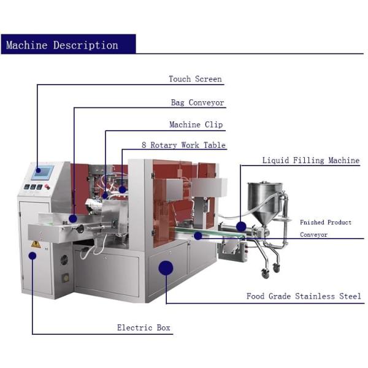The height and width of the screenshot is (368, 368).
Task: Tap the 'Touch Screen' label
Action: (x=195, y=79)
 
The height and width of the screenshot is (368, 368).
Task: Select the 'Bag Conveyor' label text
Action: (x=197, y=103)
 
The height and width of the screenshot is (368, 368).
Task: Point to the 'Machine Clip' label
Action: (x=196, y=125)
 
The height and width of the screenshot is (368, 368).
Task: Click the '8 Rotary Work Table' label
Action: (x=183, y=145)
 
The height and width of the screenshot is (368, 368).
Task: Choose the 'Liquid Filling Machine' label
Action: (x=310, y=161)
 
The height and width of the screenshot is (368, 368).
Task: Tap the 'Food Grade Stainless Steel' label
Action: (x=304, y=297)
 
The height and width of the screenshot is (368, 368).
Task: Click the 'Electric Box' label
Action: (x=144, y=328)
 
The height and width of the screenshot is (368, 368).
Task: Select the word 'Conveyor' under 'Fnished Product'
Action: (x=313, y=235)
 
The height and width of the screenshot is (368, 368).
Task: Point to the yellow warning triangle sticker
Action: (x=36, y=244)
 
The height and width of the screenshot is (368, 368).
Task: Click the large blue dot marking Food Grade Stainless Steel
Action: (x=166, y=268)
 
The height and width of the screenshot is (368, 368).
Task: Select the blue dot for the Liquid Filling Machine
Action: (x=241, y=226)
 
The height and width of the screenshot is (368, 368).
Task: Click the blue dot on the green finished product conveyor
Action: (x=197, y=236)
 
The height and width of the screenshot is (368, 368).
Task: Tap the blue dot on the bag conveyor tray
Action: (x=73, y=218)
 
